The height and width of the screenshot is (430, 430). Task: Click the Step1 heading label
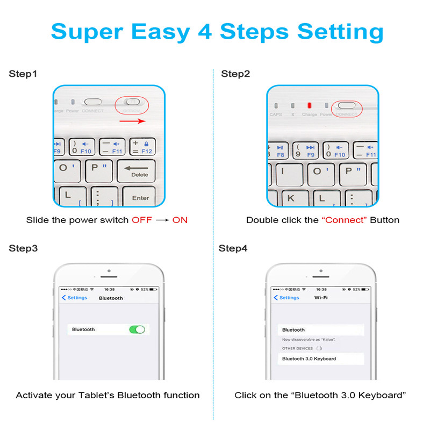tap(23, 74)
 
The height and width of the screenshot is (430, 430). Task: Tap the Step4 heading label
tap(233, 248)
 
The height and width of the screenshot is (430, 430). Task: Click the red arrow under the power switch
tap(132, 121)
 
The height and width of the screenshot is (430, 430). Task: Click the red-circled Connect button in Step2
tap(347, 106)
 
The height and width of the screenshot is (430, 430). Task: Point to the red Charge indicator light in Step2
tap(309, 106)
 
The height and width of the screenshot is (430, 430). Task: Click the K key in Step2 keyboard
tap(291, 197)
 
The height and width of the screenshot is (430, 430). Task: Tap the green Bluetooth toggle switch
tap(137, 329)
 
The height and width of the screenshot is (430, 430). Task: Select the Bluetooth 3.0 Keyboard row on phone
tap(321, 359)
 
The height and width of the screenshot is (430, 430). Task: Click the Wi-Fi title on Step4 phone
tap(321, 298)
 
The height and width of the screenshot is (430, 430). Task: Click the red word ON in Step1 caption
tap(180, 220)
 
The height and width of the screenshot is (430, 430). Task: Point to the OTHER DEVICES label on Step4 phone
tap(297, 348)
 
